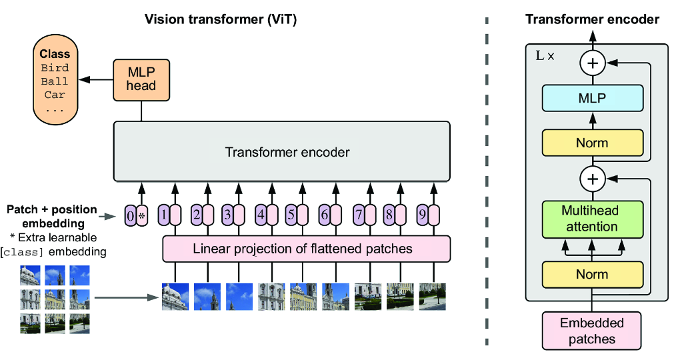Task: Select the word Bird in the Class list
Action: (55, 68)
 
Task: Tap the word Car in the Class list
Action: (55, 95)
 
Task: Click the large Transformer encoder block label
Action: (287, 152)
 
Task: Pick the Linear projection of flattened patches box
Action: (307, 249)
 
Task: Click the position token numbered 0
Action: (131, 215)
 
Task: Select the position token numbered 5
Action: (291, 215)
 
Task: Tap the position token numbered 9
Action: (422, 215)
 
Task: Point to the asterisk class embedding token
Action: (142, 215)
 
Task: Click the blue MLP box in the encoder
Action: (592, 98)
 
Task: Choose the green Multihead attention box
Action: (592, 219)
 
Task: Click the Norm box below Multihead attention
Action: (592, 275)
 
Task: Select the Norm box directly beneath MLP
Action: (592, 143)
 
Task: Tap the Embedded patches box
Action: (592, 331)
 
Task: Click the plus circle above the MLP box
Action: (592, 64)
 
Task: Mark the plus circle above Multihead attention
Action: (592, 179)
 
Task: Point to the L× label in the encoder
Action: (545, 56)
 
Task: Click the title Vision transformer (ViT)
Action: (221, 19)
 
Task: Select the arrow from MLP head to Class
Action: (93, 80)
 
